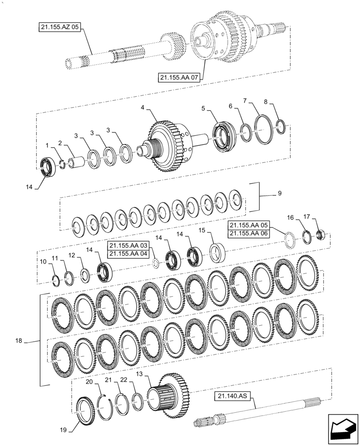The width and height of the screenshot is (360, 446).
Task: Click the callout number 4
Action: (x=143, y=108)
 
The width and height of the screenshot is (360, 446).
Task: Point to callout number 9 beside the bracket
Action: (x=279, y=194)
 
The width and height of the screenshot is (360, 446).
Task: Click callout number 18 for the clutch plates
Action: (x=19, y=341)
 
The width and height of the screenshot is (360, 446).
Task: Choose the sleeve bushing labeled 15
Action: (x=217, y=253)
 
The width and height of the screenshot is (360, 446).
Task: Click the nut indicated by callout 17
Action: (x=321, y=234)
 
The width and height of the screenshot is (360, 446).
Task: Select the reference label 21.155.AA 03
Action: (x=129, y=246)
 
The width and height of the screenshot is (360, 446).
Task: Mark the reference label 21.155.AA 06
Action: (x=248, y=233)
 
